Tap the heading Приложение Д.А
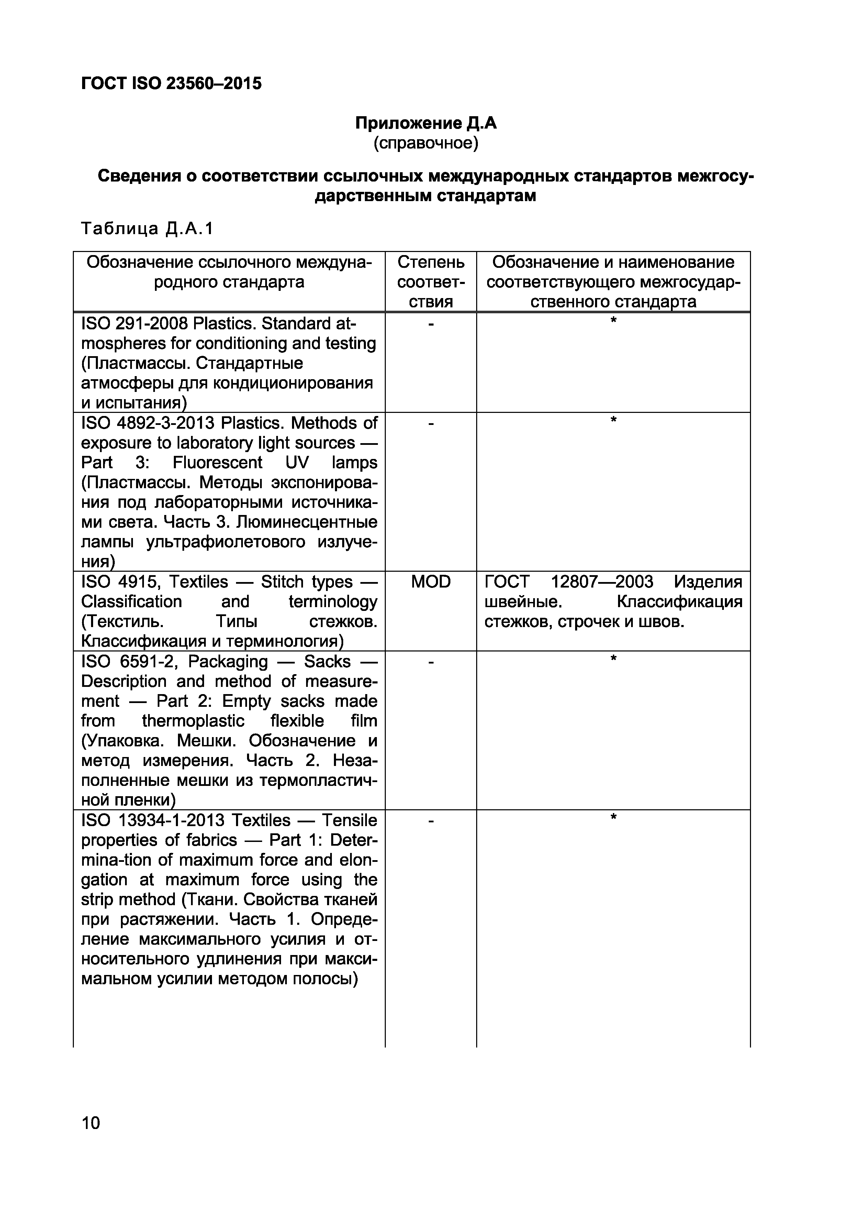click(426, 123)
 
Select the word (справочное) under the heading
click(426, 143)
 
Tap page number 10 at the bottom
click(91, 1122)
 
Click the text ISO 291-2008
click(134, 324)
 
